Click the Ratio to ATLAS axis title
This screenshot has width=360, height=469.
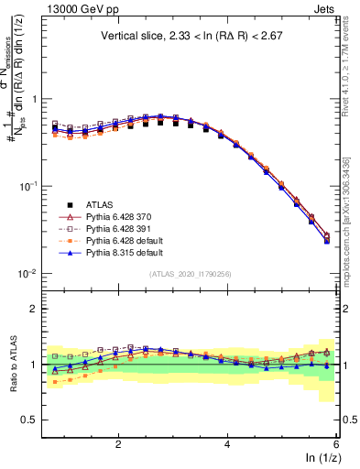click(x=12, y=364)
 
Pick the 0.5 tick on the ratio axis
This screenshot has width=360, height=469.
click(x=29, y=420)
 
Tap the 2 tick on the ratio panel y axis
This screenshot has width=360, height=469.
click(x=34, y=309)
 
